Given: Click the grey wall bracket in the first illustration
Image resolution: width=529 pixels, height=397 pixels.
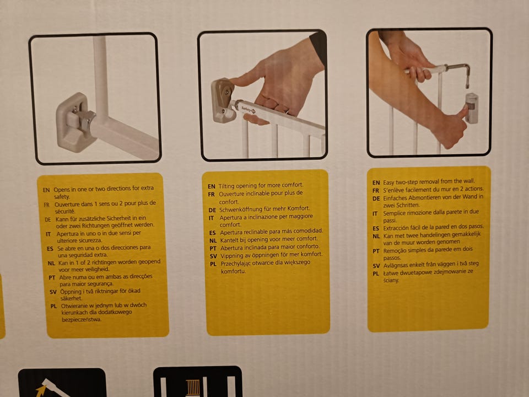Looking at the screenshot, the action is (x=73, y=122).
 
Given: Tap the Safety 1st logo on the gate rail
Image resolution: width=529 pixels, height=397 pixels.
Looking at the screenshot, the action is (x=249, y=109).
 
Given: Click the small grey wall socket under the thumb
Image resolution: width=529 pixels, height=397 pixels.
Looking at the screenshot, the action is (x=472, y=108).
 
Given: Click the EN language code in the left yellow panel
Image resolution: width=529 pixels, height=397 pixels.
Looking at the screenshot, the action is (x=46, y=190).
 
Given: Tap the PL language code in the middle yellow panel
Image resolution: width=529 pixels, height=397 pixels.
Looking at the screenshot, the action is (x=213, y=264).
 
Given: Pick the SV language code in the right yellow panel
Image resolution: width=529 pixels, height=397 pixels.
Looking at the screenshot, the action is (x=376, y=266).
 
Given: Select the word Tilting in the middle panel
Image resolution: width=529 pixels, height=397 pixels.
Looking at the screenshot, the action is (x=226, y=186).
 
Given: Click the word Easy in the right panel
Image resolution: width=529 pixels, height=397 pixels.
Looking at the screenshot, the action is (x=388, y=183).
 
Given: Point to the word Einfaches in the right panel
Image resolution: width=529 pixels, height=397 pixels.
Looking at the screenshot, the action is (x=396, y=198).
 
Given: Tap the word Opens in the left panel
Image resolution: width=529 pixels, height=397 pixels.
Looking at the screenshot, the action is (x=61, y=189).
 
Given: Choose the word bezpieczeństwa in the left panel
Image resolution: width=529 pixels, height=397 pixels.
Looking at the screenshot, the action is (x=82, y=319).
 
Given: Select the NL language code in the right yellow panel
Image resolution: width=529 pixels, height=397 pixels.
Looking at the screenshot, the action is (x=376, y=237).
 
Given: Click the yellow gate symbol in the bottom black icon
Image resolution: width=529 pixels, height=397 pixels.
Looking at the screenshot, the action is (x=193, y=388).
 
